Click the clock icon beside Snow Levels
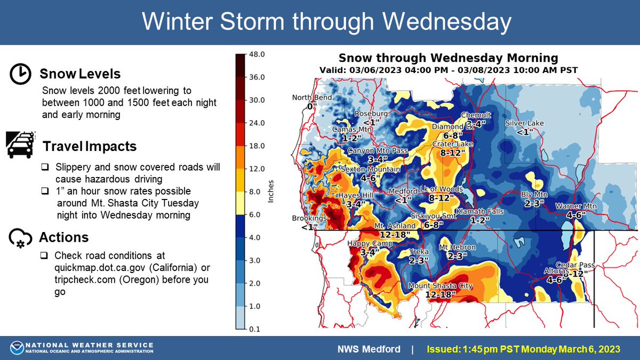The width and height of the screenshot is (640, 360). tap(20, 75)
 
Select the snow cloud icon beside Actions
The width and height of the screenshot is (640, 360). tap(20, 238)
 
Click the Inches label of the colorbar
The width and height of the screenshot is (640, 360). tap(270, 192)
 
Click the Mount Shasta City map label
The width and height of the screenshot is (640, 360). tap(441, 286)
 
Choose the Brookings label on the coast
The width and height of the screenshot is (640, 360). tap(309, 219)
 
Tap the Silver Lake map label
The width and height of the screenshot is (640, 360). tap(524, 123)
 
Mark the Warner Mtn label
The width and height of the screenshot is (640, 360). tap(571, 206)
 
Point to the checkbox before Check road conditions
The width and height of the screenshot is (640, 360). tap(45, 255)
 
